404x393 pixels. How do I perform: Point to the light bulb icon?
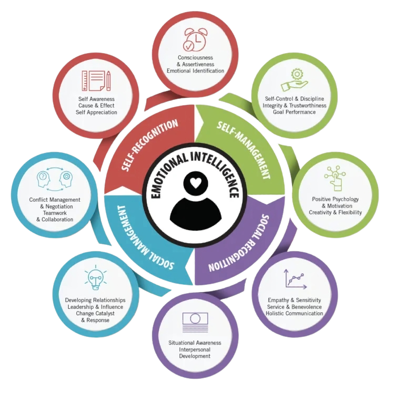[x=95, y=279]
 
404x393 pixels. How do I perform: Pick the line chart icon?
[x=295, y=278]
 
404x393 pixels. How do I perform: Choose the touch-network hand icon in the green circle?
[x=335, y=178]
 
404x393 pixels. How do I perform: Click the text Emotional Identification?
[x=195, y=71]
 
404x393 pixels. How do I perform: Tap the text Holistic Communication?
[x=294, y=314]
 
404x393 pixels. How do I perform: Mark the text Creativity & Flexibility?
[x=336, y=213]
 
